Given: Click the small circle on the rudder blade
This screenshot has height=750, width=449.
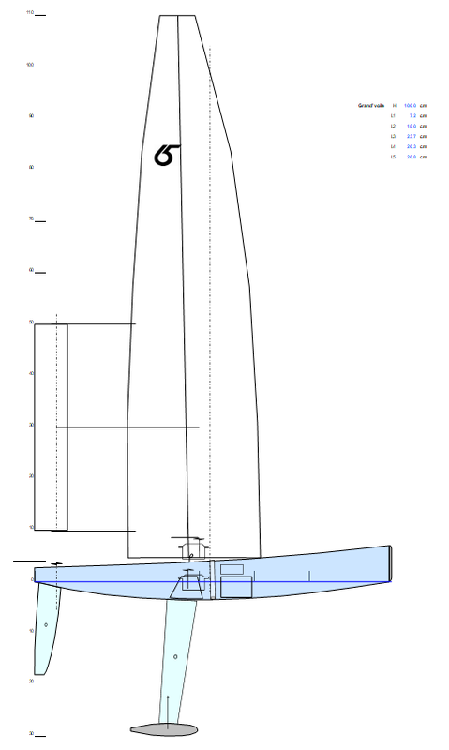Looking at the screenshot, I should click(x=46, y=624).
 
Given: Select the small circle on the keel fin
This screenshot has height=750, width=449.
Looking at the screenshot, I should click(x=175, y=656).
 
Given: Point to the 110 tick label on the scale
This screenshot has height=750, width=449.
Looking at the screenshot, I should click(x=30, y=13).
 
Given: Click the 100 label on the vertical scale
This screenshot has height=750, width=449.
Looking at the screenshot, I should click(x=30, y=65).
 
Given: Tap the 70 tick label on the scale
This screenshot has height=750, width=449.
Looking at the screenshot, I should click(x=31, y=219).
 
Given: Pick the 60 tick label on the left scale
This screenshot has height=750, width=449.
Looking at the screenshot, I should click(x=31, y=271).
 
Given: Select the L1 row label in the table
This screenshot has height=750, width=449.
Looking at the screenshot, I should click(x=394, y=116).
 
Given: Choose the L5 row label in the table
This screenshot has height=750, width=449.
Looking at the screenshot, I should click(x=394, y=157).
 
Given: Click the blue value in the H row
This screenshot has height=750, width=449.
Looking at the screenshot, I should click(x=410, y=106).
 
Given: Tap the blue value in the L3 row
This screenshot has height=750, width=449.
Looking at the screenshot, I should click(x=411, y=137).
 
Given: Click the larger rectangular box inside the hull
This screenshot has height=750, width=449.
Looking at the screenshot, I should click(x=237, y=588).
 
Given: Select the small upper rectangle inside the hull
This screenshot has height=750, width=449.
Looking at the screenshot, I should click(x=232, y=569).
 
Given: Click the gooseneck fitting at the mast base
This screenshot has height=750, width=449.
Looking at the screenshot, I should click(x=189, y=546).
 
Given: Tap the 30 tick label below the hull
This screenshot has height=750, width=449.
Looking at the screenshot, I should click(x=31, y=733).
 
